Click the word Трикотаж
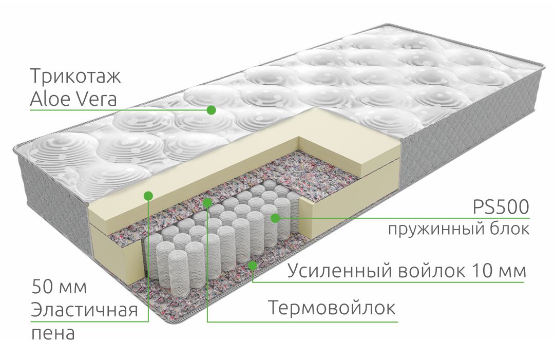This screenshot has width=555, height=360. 75,76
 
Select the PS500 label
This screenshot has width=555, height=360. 501,207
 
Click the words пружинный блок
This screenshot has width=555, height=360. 458,229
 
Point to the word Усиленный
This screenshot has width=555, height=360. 340,271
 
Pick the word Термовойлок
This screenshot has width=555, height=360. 332,307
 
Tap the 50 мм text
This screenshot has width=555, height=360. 59,287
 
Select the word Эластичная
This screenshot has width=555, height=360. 84,310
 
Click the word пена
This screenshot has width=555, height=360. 53,333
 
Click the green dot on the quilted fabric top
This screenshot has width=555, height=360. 211,110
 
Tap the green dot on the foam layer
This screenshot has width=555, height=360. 149,195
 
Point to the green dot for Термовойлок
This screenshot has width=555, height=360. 207,202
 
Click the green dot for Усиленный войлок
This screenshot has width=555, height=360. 253,265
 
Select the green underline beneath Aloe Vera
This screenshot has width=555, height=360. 120,110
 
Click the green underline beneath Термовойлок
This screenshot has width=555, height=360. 302,322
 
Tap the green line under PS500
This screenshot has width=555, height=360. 402,218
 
